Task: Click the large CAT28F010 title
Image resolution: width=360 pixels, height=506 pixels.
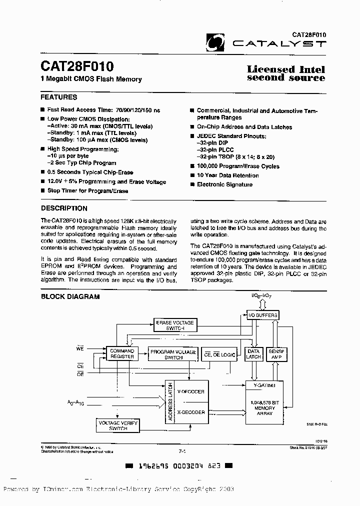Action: [77, 66]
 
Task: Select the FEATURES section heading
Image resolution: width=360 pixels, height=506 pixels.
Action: [59, 97]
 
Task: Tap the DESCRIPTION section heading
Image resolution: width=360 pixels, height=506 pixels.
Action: [64, 208]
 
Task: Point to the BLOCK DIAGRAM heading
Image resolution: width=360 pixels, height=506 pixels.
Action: [70, 296]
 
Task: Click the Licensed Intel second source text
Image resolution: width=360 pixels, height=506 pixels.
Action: [286, 73]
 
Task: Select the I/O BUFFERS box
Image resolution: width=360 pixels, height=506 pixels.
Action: [262, 315]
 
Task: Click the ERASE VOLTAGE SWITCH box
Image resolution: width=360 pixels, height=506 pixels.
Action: [175, 325]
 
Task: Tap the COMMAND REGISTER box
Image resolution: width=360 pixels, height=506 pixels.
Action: [122, 354]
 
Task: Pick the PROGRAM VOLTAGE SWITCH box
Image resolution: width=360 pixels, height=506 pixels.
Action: [173, 354]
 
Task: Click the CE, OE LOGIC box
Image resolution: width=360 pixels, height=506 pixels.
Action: [220, 354]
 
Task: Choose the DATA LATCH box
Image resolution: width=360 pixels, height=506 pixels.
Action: [253, 354]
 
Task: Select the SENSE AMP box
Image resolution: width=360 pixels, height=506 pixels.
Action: [276, 354]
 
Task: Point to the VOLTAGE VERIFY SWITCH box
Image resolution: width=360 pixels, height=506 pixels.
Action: [116, 425]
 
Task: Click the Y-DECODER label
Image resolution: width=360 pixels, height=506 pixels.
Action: [190, 392]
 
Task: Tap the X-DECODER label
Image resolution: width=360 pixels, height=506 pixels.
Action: [190, 412]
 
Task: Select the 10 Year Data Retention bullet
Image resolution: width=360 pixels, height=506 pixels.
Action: [227, 175]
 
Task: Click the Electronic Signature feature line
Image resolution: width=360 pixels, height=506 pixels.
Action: [224, 185]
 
